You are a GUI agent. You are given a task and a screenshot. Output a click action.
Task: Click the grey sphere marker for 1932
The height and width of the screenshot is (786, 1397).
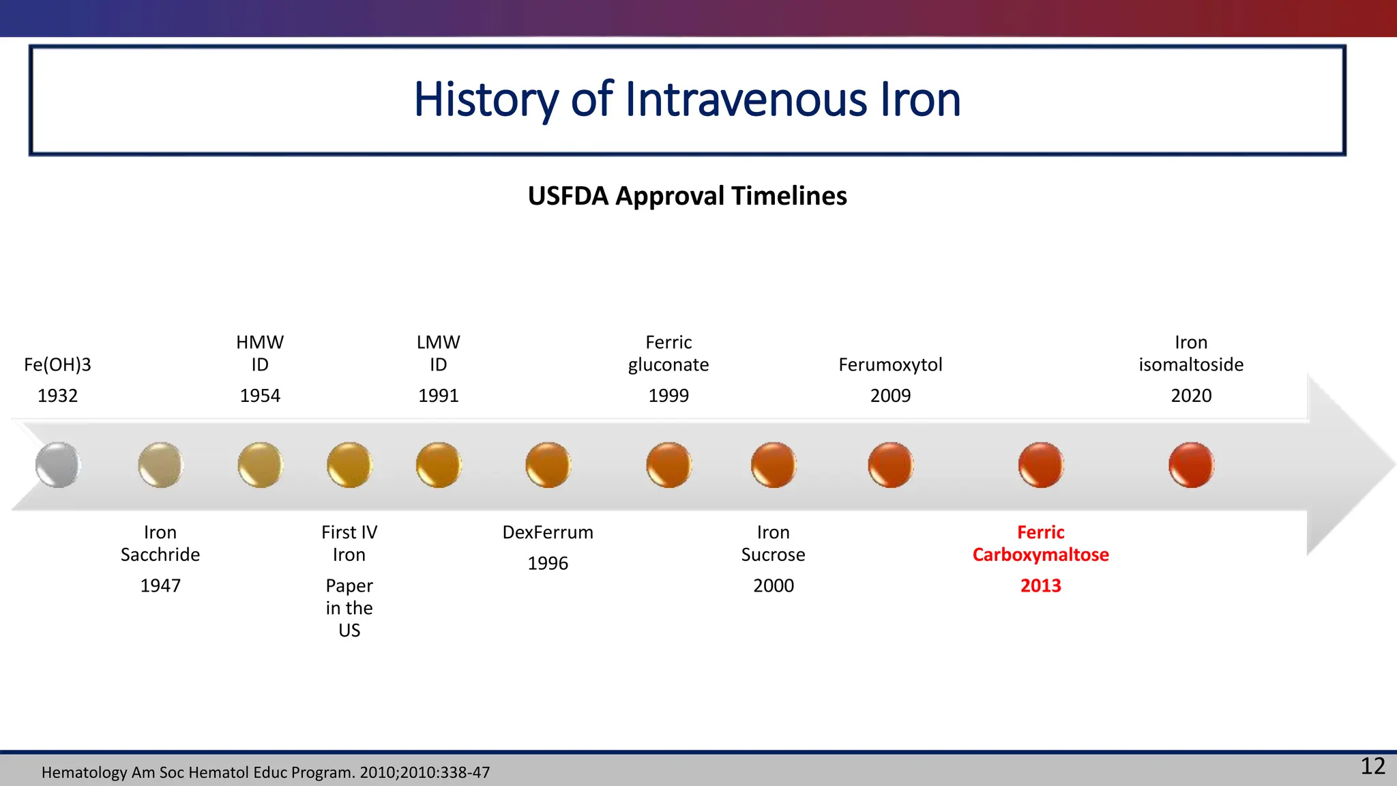[x=58, y=465]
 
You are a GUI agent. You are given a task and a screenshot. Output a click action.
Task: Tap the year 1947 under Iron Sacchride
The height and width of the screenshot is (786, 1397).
[x=160, y=585]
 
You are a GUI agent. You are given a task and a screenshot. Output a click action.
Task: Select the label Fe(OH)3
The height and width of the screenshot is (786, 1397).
[x=57, y=364]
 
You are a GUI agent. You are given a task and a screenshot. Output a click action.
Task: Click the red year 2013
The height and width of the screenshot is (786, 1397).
[x=1040, y=585]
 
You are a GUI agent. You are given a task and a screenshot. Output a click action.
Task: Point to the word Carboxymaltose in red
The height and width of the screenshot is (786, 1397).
[x=1040, y=555]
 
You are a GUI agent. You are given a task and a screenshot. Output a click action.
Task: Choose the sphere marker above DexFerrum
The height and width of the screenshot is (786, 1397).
[x=548, y=465]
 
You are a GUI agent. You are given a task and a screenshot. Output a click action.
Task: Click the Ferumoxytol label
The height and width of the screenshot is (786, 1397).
[x=890, y=364]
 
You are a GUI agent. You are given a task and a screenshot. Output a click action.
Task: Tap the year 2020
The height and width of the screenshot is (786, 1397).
[x=1191, y=396]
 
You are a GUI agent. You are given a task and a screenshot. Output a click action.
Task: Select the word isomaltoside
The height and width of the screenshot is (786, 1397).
[x=1191, y=364]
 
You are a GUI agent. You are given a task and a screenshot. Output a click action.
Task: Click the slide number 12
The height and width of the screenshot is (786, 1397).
[x=1372, y=766]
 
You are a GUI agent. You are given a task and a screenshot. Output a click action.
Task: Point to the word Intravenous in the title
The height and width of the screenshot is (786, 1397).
[x=746, y=100]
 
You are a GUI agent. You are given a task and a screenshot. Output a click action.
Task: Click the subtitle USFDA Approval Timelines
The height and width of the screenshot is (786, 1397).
[x=687, y=196]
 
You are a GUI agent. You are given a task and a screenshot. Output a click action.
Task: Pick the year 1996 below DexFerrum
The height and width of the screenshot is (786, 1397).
[x=548, y=563]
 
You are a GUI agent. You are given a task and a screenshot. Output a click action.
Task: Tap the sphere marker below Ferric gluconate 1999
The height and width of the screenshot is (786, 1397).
[x=668, y=465]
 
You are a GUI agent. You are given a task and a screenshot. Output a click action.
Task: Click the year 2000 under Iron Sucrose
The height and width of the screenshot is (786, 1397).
[x=773, y=585]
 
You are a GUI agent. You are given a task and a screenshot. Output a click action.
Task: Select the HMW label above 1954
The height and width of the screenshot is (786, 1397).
[x=260, y=342]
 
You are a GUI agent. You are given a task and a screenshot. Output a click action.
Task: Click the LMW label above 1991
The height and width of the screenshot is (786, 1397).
[x=438, y=342]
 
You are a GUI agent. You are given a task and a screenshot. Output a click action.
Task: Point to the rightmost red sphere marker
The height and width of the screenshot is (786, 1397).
[x=1191, y=465]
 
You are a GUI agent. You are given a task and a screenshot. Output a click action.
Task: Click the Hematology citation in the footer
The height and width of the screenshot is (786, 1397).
[x=265, y=772]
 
